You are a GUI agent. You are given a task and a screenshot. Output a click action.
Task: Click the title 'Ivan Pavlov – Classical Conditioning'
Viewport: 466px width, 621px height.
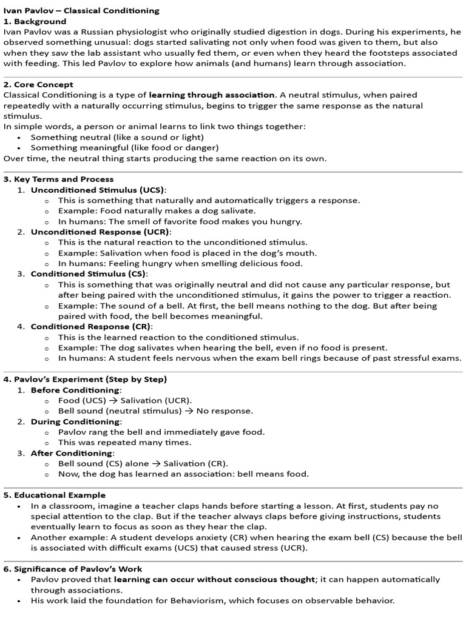(x=82, y=10)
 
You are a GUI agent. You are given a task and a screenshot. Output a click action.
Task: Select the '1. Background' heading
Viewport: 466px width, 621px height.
(x=35, y=21)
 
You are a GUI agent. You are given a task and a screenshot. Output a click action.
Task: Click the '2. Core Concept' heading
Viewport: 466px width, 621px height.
(x=38, y=84)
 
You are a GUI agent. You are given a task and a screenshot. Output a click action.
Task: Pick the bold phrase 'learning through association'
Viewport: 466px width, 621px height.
(x=211, y=95)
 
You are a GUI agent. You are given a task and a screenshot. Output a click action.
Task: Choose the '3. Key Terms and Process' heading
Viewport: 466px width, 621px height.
(x=58, y=179)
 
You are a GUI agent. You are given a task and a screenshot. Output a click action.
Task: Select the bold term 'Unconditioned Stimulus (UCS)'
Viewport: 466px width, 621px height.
(x=98, y=190)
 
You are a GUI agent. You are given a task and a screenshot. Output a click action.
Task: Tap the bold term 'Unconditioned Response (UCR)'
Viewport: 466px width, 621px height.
(x=100, y=232)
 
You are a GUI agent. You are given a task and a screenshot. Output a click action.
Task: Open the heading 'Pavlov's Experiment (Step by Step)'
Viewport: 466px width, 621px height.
(x=85, y=379)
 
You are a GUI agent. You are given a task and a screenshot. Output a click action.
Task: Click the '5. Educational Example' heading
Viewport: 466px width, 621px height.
(x=55, y=495)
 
